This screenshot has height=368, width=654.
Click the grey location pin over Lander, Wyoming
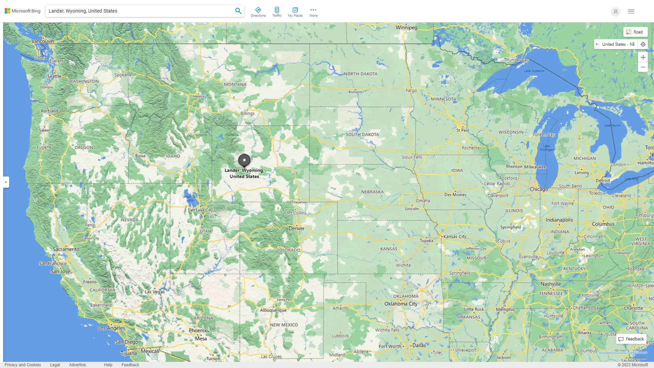click(x=244, y=160)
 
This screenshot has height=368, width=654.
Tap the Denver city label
click(x=296, y=229)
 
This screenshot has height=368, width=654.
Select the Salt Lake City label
click(x=200, y=210)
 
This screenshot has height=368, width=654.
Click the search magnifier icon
click(x=238, y=11)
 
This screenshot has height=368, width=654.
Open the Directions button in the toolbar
click(x=258, y=12)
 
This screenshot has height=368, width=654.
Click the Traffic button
click(x=277, y=12)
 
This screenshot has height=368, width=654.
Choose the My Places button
click(x=295, y=12)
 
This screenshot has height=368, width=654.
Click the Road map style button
click(x=635, y=32)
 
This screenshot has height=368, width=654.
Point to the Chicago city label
click(x=539, y=189)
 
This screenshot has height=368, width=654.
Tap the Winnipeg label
click(x=406, y=28)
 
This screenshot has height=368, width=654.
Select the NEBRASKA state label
click(x=372, y=192)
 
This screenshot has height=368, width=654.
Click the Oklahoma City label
click(x=401, y=304)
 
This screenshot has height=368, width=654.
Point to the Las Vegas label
click(x=155, y=292)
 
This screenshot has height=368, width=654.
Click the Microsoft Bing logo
click(x=22, y=11)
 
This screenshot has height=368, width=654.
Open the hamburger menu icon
click(x=631, y=12)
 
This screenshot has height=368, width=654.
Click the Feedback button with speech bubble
click(x=631, y=339)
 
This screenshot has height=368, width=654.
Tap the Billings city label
click(x=247, y=113)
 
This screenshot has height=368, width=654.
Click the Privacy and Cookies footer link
click(x=22, y=365)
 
